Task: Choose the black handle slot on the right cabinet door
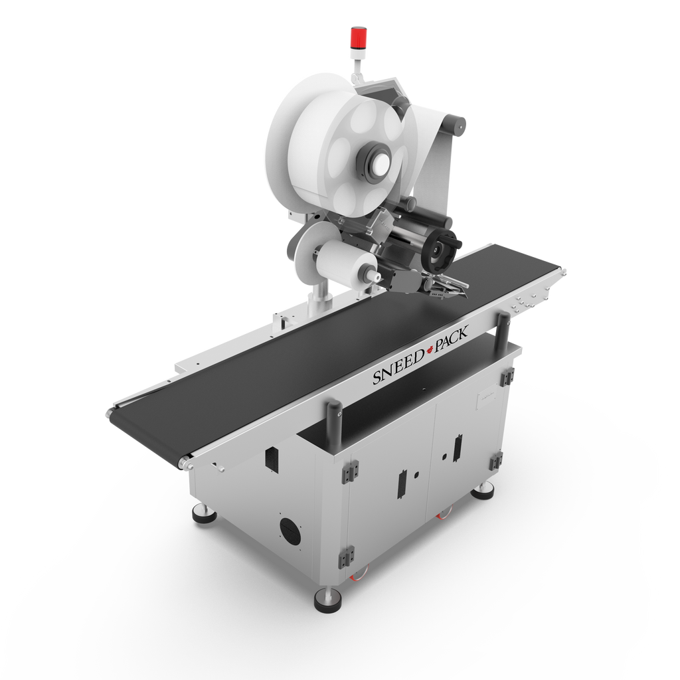point(456,449)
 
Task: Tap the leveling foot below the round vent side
point(201,513)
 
